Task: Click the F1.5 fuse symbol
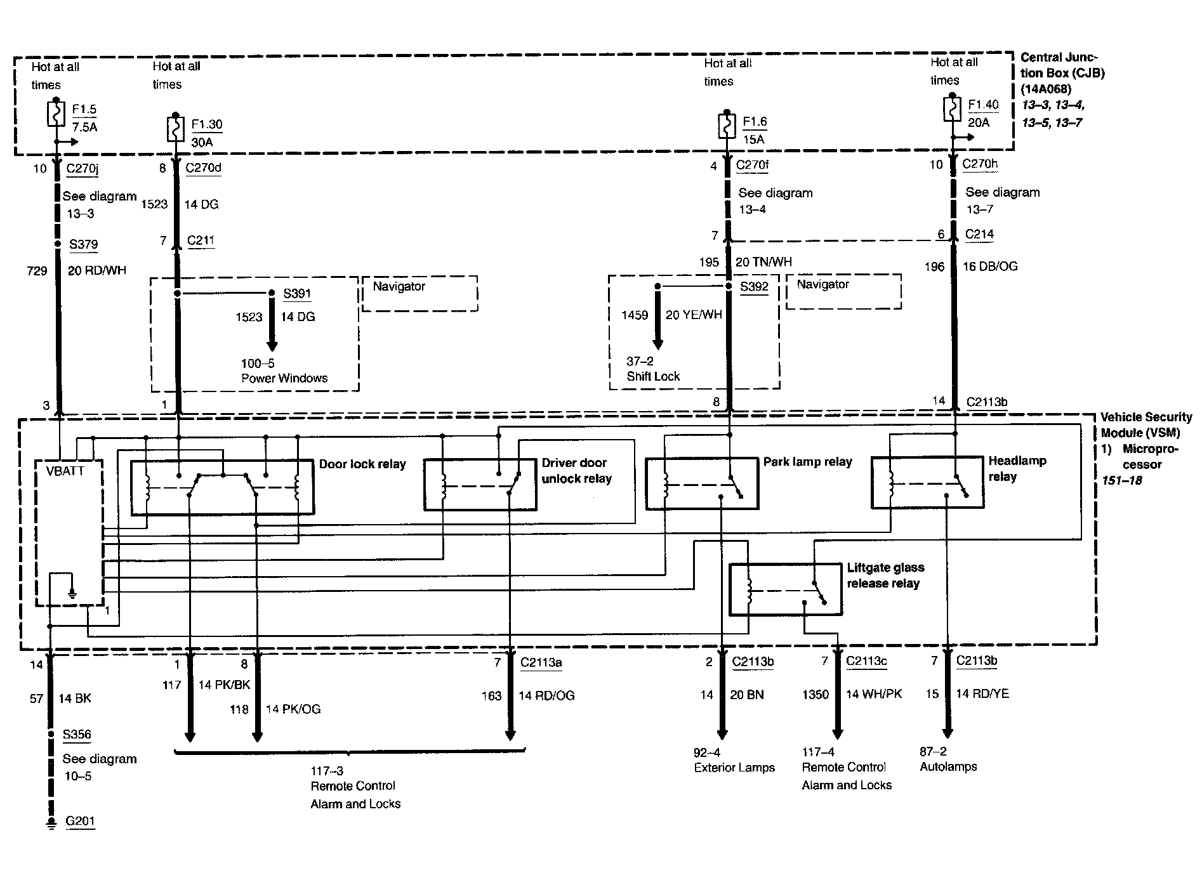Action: [x=56, y=114]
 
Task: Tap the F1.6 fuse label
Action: [x=755, y=122]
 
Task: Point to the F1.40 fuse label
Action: [x=983, y=105]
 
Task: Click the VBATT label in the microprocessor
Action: [x=65, y=471]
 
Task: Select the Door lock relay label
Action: [x=362, y=464]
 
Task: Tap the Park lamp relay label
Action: [x=807, y=462]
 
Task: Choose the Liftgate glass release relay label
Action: [x=885, y=575]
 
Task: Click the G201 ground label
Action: [x=80, y=821]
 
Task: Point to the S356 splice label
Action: [x=77, y=735]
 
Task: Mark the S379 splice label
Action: [x=83, y=244]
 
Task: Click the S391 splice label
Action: [x=298, y=293]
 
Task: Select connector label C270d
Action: [x=203, y=168]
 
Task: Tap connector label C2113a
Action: [x=541, y=663]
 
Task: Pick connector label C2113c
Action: [x=866, y=661]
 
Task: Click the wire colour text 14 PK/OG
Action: [x=293, y=709]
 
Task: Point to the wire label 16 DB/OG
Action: [x=990, y=266]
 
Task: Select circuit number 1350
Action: [x=816, y=695]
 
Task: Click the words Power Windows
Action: [x=284, y=378]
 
